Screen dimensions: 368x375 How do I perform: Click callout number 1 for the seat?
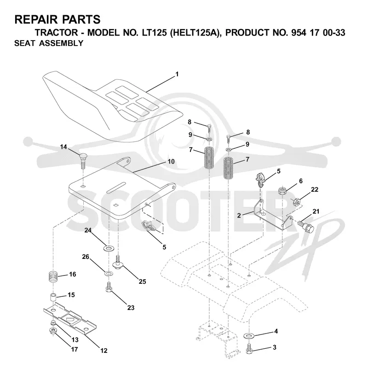click(x=177, y=74)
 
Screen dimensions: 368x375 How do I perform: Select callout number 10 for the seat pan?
click(x=171, y=162)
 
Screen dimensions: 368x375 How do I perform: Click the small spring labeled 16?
click(x=53, y=277)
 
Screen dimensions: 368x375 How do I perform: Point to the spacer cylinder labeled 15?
click(x=53, y=298)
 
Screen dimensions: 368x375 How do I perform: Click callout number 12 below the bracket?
click(x=104, y=351)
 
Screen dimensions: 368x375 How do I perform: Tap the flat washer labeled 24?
click(x=109, y=248)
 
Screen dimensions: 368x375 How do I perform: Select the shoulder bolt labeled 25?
click(x=117, y=263)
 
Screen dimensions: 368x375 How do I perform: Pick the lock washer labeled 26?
click(x=109, y=273)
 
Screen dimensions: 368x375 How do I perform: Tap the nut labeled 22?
click(x=297, y=202)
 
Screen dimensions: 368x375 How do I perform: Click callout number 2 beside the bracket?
click(x=239, y=216)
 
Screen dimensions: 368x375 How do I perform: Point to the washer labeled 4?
click(x=249, y=336)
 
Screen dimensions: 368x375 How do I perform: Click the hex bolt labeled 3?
click(x=249, y=349)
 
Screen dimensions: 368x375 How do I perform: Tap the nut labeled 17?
click(x=52, y=332)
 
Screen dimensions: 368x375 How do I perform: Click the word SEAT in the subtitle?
click(x=24, y=43)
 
